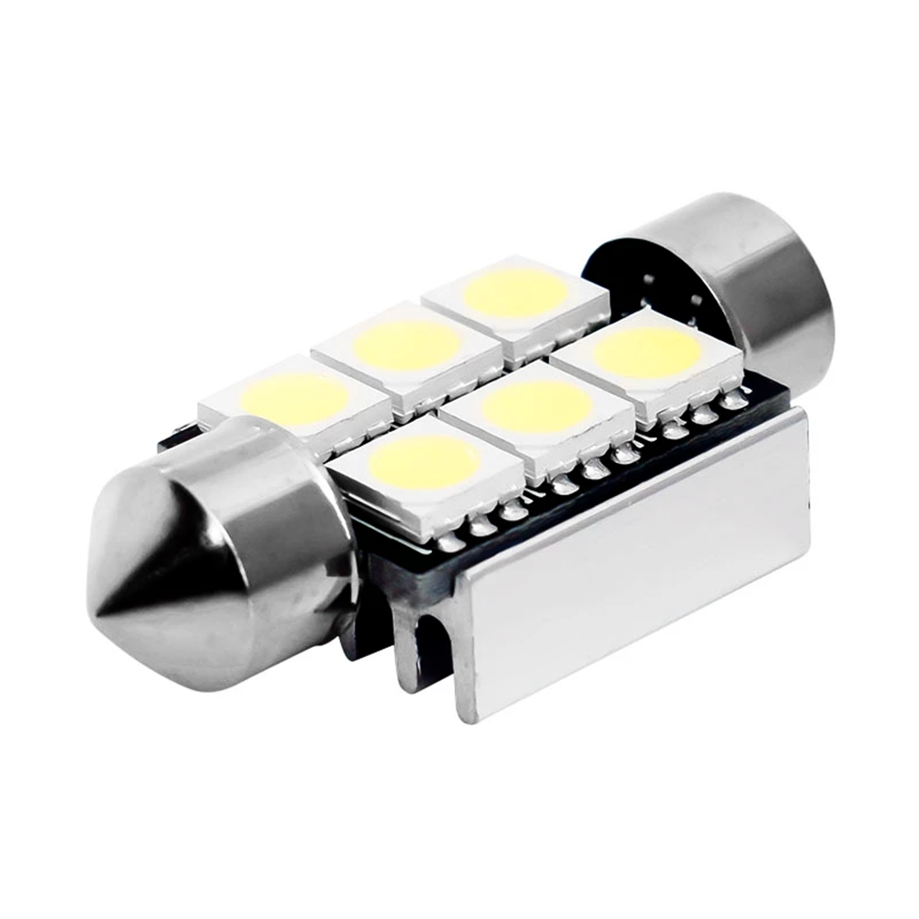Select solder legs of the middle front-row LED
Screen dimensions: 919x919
588,469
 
